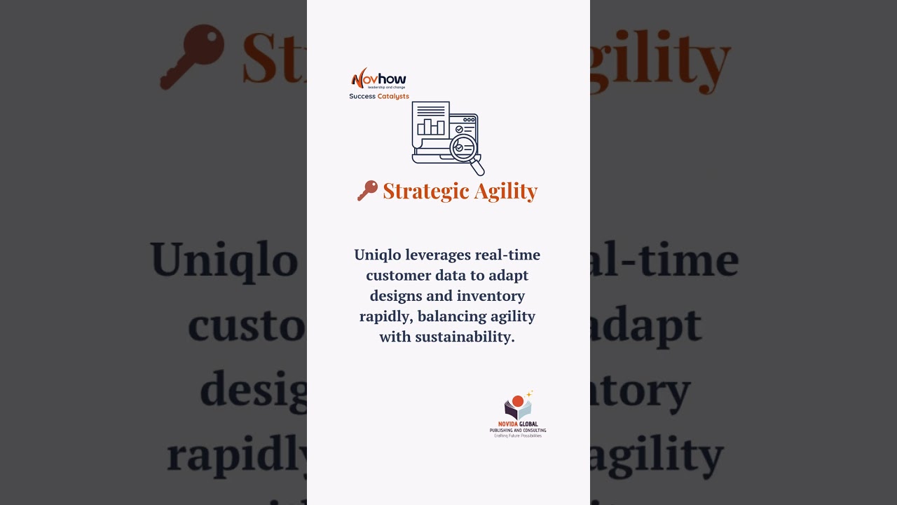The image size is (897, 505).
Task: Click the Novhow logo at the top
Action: click(x=378, y=78)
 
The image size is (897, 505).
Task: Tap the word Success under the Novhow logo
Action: click(x=362, y=96)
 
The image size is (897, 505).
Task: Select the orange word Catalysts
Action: click(x=393, y=96)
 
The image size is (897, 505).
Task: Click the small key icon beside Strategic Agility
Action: click(x=367, y=190)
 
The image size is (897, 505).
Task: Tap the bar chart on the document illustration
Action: click(x=430, y=126)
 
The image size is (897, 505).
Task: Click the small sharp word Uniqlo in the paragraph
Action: click(x=378, y=255)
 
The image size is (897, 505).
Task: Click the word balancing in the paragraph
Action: click(x=449, y=316)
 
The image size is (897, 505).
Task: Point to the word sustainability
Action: click(x=465, y=337)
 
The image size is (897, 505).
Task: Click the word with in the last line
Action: click(x=395, y=337)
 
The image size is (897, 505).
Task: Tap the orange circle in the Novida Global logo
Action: click(x=518, y=401)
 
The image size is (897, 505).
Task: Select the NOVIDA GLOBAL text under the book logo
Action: click(x=518, y=424)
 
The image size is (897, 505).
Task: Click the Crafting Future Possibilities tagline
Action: click(x=518, y=436)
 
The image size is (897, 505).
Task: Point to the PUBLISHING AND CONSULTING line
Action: click(x=518, y=430)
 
